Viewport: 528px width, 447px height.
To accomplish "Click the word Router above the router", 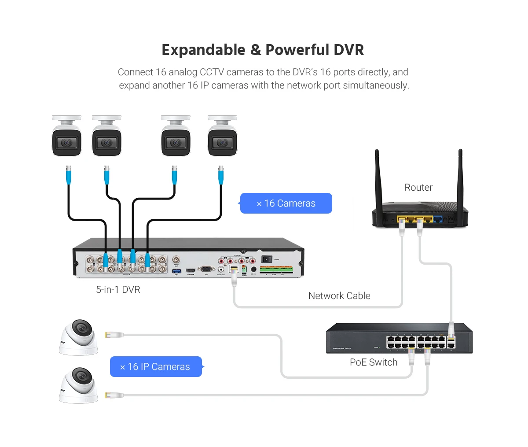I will tap(418, 188).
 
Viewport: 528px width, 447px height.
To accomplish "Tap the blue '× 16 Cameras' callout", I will tap(286, 203).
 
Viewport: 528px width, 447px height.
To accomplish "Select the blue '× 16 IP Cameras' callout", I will tap(156, 367).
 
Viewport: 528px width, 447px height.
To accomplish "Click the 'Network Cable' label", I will tap(339, 296).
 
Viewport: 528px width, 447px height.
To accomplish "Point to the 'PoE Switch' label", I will tap(374, 362).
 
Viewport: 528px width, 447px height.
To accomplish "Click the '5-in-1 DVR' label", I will tap(118, 290).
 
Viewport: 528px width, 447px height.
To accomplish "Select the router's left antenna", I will tap(377, 176).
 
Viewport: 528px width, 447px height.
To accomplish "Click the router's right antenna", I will tap(460, 176).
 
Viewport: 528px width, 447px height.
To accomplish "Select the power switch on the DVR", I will tap(267, 259).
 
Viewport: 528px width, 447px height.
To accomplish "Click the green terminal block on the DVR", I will tap(276, 269).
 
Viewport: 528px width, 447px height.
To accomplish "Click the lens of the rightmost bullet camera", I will tap(222, 143).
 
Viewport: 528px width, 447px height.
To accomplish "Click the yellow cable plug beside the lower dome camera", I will tap(108, 395).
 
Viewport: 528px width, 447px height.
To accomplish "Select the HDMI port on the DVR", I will tap(191, 270).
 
